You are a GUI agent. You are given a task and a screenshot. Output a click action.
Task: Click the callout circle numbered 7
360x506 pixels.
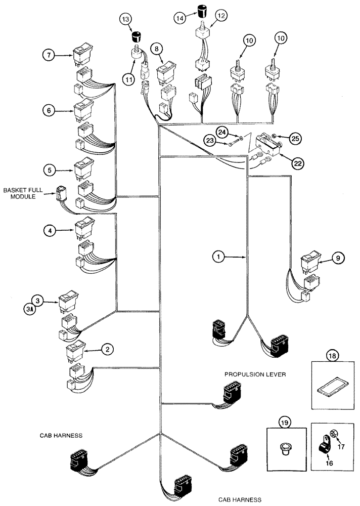[x=49, y=55]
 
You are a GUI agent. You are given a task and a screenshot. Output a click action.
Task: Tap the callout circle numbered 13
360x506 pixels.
[x=126, y=19]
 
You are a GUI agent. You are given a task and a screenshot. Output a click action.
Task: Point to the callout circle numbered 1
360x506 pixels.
[x=218, y=257]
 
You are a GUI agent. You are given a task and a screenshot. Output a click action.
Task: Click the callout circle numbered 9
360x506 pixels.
[x=339, y=258]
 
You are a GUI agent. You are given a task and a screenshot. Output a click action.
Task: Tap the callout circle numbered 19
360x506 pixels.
[x=285, y=421]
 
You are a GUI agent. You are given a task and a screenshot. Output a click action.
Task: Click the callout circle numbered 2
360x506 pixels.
[x=107, y=349]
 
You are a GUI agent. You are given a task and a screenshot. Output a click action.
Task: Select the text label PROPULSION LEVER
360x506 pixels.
[x=256, y=374]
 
